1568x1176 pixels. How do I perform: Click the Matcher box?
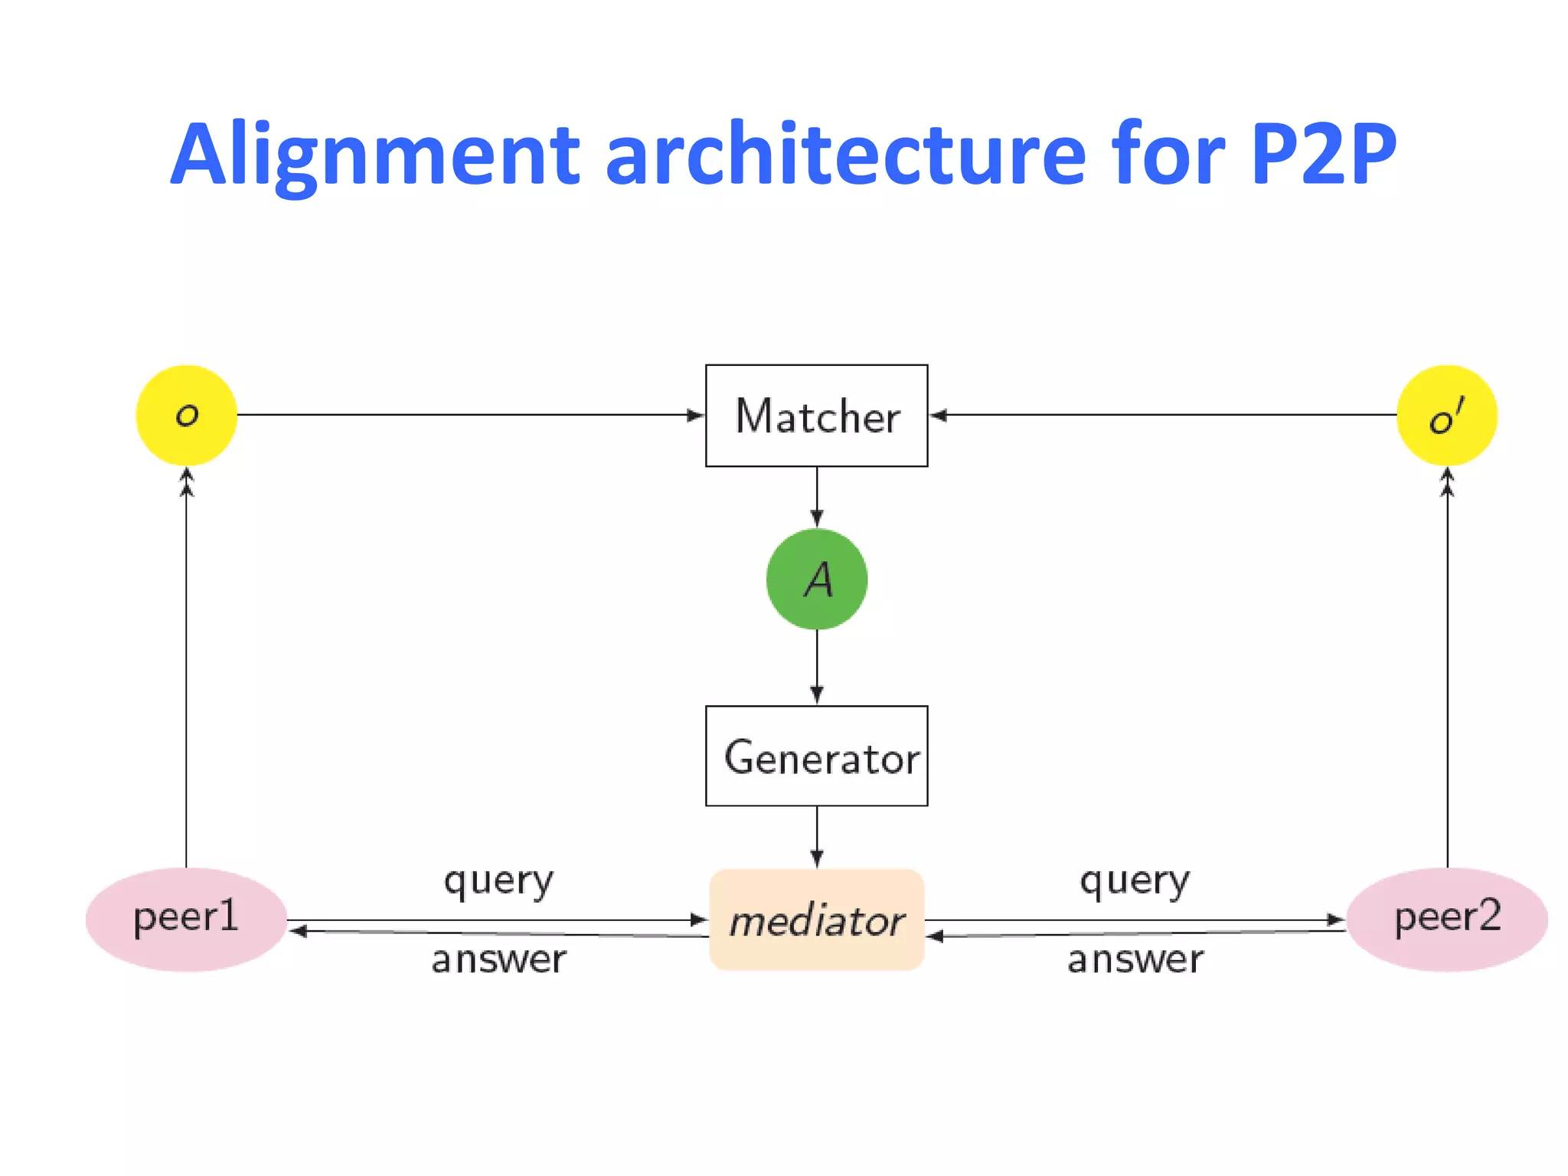[816, 416]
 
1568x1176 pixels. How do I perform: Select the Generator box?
[816, 756]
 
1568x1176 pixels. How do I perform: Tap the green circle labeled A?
[816, 580]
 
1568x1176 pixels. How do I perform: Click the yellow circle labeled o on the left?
[186, 416]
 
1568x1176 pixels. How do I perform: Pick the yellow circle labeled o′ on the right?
[1446, 416]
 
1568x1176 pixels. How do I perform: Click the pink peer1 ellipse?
[186, 919]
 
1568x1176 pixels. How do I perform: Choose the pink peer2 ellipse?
[1446, 919]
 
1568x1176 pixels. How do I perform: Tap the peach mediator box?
[816, 920]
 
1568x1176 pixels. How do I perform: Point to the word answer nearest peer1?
[498, 959]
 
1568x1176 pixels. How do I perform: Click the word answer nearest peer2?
[1135, 959]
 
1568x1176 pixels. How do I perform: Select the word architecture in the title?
[845, 155]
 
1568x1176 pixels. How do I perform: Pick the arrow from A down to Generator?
[817, 666]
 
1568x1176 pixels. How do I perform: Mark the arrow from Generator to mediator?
[817, 836]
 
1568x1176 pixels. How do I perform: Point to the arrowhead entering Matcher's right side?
[938, 415]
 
